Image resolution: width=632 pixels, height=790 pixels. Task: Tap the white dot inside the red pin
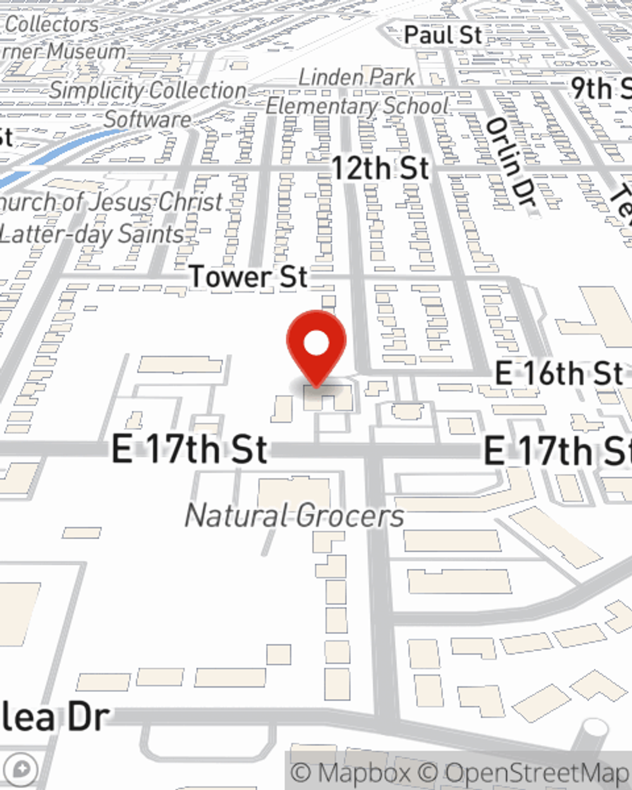[x=317, y=344]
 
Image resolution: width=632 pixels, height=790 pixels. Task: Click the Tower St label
[x=248, y=277]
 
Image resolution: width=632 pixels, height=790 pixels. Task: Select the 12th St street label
[x=380, y=169]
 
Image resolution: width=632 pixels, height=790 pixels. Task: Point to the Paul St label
[x=443, y=35]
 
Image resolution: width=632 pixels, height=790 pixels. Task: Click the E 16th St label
[x=559, y=374]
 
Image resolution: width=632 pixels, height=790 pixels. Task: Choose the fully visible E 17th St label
[x=190, y=449]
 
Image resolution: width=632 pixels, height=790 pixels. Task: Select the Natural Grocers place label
[x=295, y=516]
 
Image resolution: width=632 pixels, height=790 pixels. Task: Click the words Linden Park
[x=357, y=77]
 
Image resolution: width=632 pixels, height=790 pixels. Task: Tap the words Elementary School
[x=357, y=106]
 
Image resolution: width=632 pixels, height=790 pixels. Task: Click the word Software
[x=147, y=119]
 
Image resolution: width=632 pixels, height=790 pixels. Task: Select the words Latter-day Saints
[x=92, y=234]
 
